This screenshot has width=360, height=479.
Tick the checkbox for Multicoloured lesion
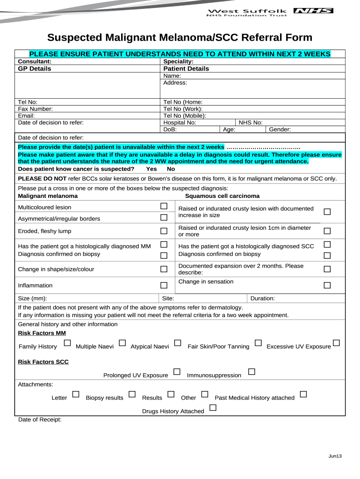coord(164,206)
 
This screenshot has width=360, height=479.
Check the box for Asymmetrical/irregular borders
coord(164,218)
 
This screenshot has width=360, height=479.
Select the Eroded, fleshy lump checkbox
coord(164,231)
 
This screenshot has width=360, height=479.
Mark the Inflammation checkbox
coord(164,285)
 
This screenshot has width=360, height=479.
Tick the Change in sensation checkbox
coord(327,285)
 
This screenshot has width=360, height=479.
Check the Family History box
coord(67,343)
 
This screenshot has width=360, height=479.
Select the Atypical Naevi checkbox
coord(178,343)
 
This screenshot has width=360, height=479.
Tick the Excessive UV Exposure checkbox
coord(336,343)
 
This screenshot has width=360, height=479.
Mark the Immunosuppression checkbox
coord(252,372)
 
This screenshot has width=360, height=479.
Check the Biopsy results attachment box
coord(132,394)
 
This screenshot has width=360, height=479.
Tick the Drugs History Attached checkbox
coord(213,408)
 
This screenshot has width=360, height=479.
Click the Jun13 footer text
coord(335,456)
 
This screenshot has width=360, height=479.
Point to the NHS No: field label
coord(251,123)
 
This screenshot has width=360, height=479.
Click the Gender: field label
coord(280,130)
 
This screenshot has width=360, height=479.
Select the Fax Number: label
coord(35,109)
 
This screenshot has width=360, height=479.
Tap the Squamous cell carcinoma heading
coord(222,196)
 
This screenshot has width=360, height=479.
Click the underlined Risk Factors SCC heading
coord(43,362)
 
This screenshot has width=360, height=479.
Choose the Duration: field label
coord(263,298)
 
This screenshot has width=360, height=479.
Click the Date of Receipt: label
coord(40,420)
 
